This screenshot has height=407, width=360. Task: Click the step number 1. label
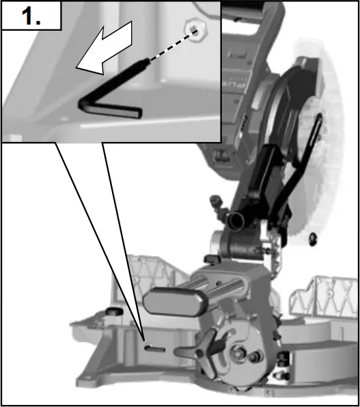(x=31, y=16)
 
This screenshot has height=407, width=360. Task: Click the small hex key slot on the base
(x=155, y=348)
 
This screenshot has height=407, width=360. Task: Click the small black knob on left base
(x=111, y=312)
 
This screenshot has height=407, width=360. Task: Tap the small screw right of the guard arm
(x=313, y=238)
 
